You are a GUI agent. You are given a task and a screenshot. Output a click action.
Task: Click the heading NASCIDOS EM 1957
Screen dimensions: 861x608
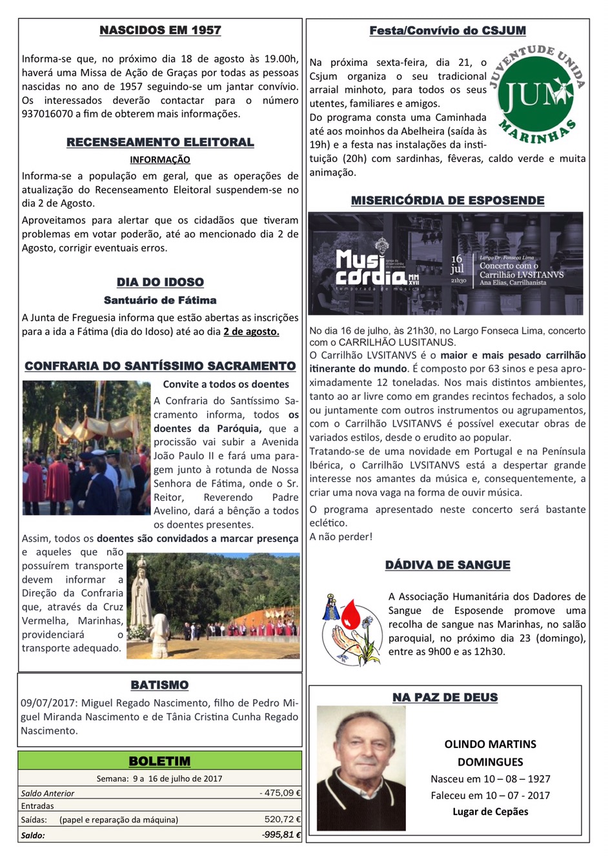pos(160,30)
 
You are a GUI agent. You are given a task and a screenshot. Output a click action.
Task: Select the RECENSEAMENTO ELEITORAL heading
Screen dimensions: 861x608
pos(160,142)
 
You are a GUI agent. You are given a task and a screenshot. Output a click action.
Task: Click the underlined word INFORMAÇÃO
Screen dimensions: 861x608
pos(160,159)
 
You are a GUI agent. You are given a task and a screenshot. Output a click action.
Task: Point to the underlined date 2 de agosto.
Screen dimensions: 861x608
pos(251,332)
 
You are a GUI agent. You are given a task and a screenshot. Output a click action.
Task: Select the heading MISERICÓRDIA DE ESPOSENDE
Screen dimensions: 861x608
pos(447,201)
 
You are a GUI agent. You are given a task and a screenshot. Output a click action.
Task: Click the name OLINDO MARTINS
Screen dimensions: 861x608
pos(491,744)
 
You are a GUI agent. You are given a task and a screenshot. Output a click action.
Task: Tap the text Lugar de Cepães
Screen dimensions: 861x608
pos(491,811)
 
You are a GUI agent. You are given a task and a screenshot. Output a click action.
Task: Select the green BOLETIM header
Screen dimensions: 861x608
pos(159,761)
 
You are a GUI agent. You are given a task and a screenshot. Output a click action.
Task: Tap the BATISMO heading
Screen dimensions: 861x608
pos(159,685)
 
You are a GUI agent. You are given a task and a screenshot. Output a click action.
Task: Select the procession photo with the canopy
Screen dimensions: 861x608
pos(86,447)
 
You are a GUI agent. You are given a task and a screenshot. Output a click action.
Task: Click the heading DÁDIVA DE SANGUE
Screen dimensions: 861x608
pos(447,565)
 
